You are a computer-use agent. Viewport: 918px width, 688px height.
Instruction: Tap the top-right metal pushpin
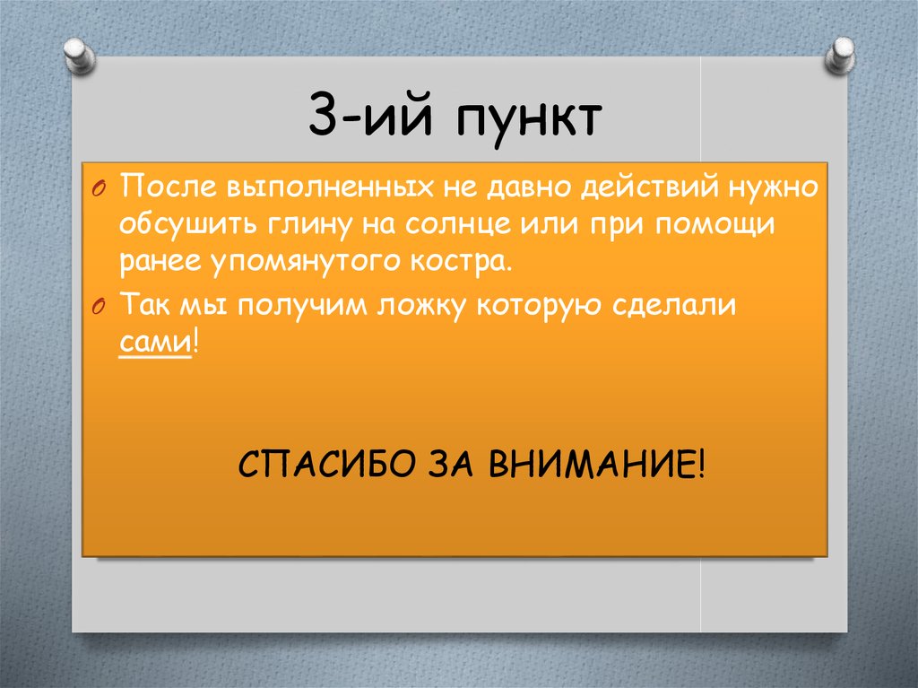tap(841, 57)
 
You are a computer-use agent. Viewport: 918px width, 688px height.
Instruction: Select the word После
tap(162, 187)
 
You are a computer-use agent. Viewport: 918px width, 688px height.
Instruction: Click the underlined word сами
tap(155, 343)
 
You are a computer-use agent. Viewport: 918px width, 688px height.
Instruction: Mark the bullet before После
tap(99, 188)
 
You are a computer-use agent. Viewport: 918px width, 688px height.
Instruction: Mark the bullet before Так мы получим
tap(99, 305)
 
